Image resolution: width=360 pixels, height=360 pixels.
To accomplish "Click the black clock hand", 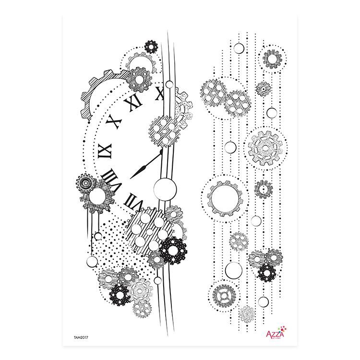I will [x=145, y=165].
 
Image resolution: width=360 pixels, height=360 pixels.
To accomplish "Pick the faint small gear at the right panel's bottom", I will [x=247, y=314].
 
